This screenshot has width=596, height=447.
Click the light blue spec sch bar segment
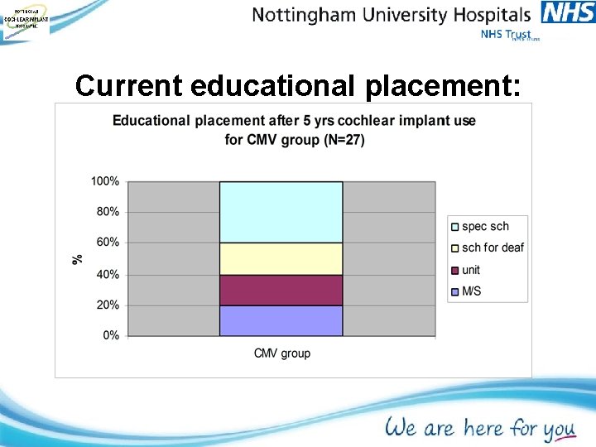[x=281, y=212]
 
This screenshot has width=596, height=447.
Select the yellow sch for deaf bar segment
[x=281, y=258]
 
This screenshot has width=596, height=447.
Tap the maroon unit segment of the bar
[x=281, y=290]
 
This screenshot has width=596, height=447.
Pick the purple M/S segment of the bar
[x=281, y=320]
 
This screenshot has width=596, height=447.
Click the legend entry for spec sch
[x=485, y=227]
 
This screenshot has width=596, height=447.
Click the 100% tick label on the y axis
[x=105, y=181]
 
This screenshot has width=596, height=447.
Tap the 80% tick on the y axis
[x=108, y=212]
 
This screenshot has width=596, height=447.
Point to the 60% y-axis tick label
[x=108, y=243]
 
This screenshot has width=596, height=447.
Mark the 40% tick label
[x=108, y=274]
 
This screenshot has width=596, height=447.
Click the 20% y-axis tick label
[x=108, y=305]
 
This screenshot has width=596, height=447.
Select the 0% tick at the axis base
[x=111, y=335]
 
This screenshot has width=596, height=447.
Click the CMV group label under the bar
[x=281, y=353]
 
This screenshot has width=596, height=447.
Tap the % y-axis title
[x=78, y=258]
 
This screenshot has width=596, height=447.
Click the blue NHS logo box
[x=567, y=12]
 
